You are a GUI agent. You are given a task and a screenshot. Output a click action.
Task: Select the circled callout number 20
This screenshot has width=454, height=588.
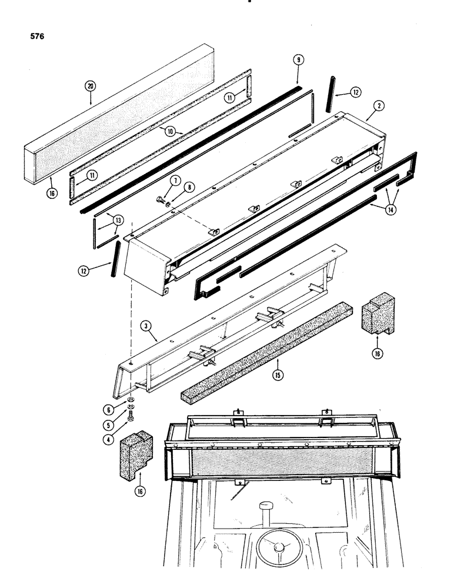point(90,86)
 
